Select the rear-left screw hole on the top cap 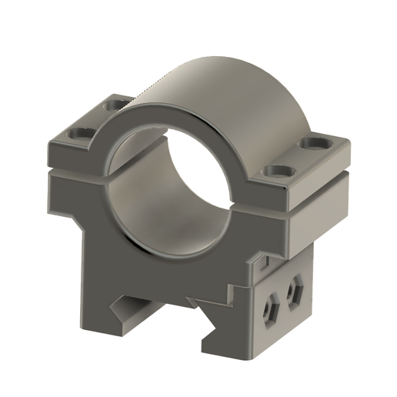pyautogui.click(x=116, y=103)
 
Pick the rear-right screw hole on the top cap pyautogui.click(x=314, y=143)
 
